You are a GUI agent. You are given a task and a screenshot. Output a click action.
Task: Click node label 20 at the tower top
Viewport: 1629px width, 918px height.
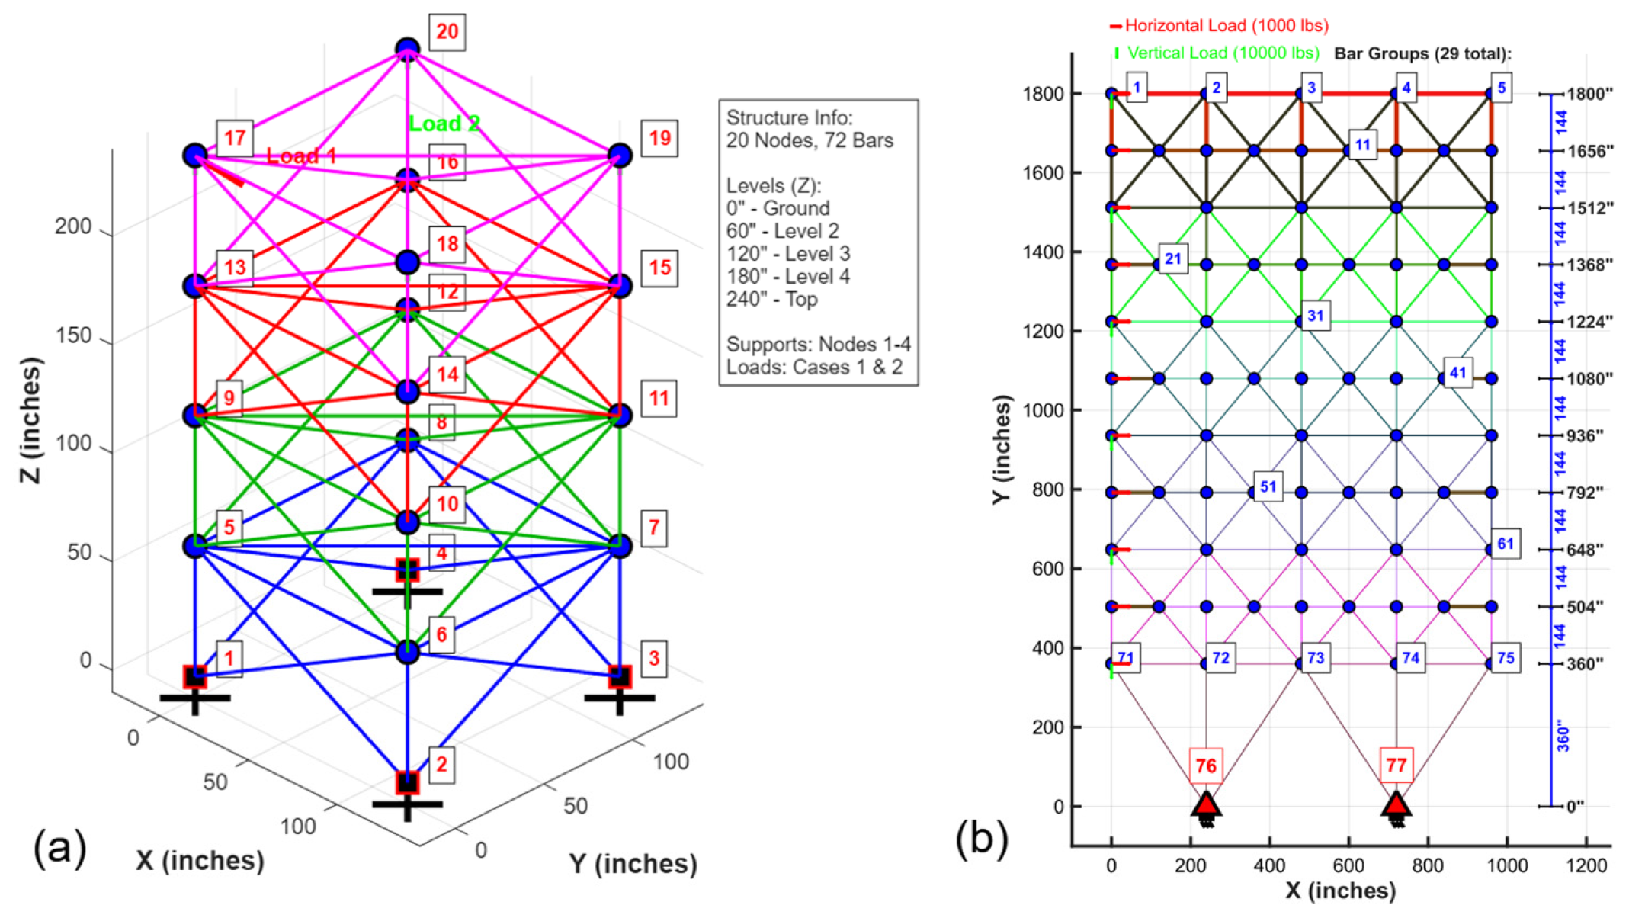pos(447,32)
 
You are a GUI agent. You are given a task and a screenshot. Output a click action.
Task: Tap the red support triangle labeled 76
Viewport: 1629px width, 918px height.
pos(1206,804)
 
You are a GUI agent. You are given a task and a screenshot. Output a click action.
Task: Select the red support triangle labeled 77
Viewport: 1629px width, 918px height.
pos(1396,804)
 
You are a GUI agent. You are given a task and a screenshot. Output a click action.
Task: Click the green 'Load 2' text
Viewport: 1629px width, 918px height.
pos(444,124)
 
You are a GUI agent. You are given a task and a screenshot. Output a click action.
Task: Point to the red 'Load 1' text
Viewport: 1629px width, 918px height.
pos(301,156)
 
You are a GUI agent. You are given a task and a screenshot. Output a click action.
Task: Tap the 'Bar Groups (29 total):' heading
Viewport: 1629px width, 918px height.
pos(1422,54)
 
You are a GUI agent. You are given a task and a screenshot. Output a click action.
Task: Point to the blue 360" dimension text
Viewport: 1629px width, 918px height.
pos(1563,735)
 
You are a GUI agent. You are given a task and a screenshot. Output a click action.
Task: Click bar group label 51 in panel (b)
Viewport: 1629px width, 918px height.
pos(1268,486)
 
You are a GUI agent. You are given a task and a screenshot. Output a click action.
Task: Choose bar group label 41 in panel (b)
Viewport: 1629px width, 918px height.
pos(1457,373)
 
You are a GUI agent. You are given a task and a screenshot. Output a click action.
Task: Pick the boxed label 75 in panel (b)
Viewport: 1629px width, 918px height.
pos(1506,658)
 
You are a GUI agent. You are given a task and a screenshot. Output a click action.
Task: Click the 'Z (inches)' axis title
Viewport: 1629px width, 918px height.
pos(30,420)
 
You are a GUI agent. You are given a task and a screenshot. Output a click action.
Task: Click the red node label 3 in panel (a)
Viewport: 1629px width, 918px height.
pos(653,658)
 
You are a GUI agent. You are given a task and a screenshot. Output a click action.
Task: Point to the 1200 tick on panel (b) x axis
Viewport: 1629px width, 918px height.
pos(1586,865)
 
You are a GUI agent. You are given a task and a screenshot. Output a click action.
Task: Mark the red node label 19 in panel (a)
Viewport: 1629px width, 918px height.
pos(659,139)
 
